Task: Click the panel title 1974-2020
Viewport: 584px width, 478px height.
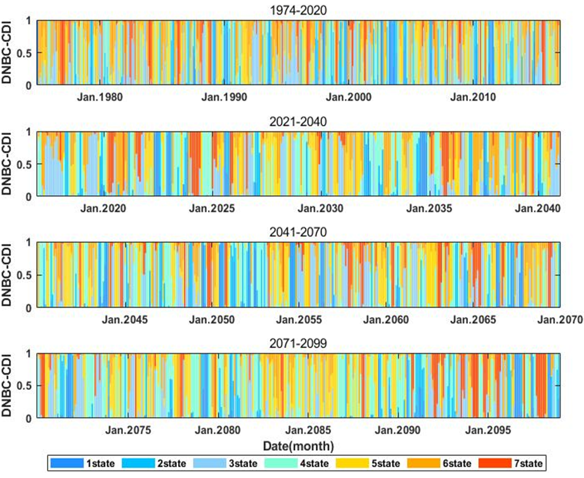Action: coord(298,10)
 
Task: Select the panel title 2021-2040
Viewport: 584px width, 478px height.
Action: coord(298,121)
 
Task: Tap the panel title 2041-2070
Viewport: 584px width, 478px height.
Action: coord(298,232)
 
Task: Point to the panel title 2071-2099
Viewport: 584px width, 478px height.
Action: coord(298,343)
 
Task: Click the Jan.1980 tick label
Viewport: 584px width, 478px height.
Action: coord(100,97)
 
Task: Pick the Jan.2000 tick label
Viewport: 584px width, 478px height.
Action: coord(349,97)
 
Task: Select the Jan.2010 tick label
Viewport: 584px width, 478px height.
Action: coord(473,97)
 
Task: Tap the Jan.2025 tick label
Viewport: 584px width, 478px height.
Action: coord(212,208)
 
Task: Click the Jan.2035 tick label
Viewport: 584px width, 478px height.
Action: coord(429,208)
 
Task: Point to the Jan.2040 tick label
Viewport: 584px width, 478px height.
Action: coord(538,208)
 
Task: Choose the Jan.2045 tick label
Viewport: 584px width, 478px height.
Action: coord(125,320)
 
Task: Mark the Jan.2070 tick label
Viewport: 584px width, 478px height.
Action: coord(560,320)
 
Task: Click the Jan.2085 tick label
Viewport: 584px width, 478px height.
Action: coord(308,430)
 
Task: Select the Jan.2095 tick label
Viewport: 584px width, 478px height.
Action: coord(488,430)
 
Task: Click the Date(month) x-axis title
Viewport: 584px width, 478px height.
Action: coord(298,446)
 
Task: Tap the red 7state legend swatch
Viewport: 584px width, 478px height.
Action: coord(495,463)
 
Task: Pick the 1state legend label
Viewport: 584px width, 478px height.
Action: coord(101,463)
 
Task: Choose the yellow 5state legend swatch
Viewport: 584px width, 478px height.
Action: coord(352,463)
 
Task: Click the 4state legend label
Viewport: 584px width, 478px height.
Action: coord(315,463)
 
